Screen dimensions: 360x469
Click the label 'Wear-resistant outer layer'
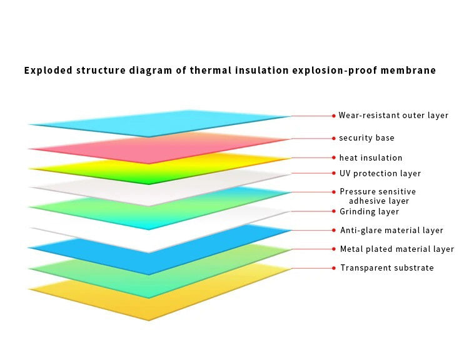393,116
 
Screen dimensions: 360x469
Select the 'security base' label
366,137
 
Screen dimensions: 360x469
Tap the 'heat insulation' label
371,157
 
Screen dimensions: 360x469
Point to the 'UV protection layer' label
380,173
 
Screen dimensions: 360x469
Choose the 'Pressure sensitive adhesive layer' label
378,196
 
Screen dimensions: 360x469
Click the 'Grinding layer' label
369,212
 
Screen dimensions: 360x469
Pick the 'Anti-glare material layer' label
391,231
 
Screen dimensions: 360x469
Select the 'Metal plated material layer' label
396,249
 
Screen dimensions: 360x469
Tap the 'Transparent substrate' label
386,267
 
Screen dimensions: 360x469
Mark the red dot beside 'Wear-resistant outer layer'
334,116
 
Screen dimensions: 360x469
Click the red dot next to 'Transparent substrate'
334,267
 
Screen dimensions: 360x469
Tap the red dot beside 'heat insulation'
334,157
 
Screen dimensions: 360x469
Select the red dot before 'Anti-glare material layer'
334,231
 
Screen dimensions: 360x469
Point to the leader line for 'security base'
311,138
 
